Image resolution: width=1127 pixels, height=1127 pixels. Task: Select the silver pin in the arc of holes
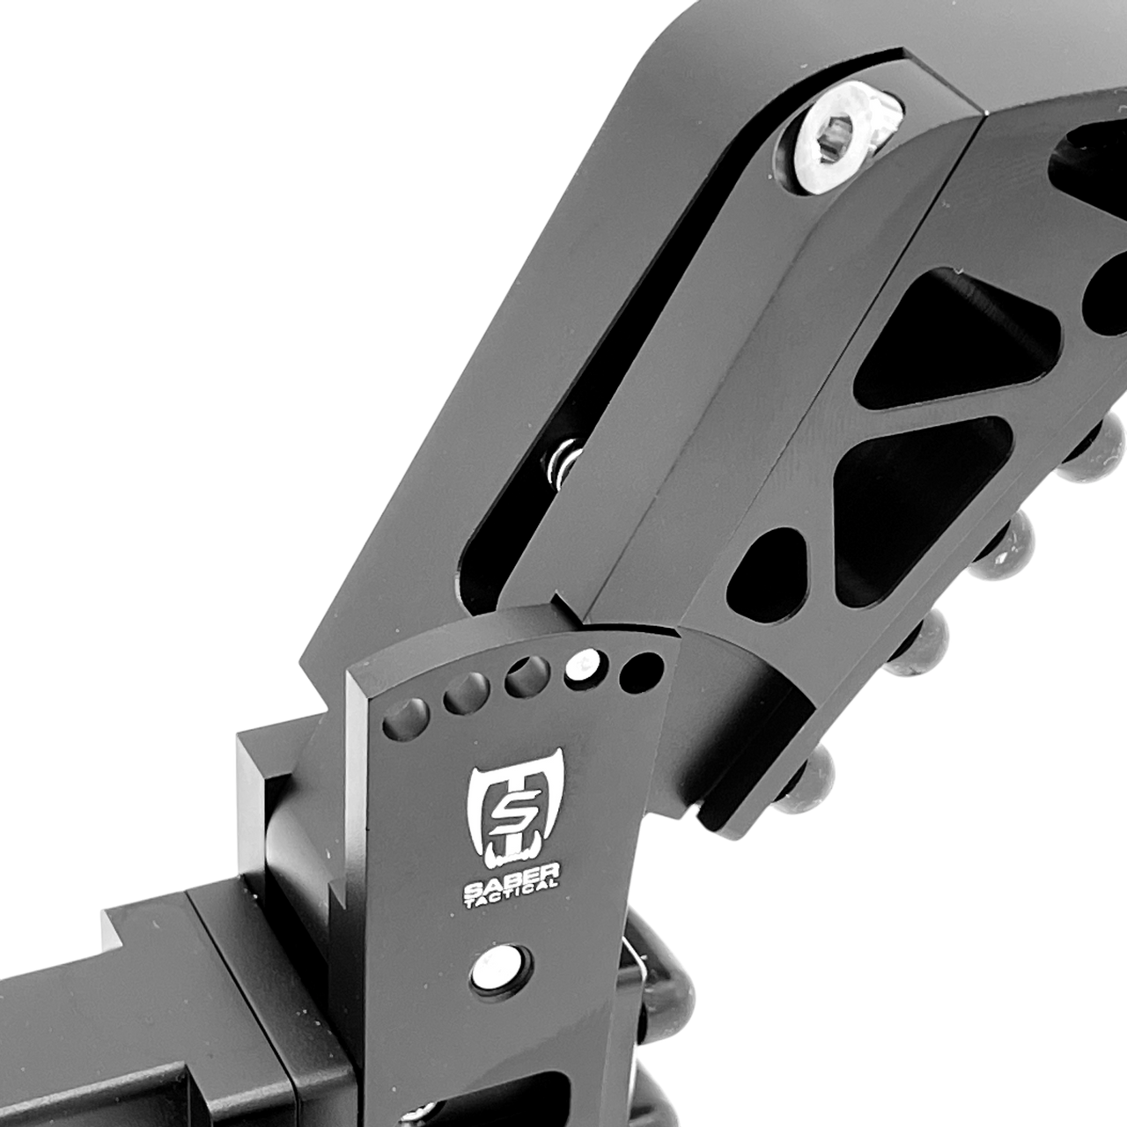point(582,666)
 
